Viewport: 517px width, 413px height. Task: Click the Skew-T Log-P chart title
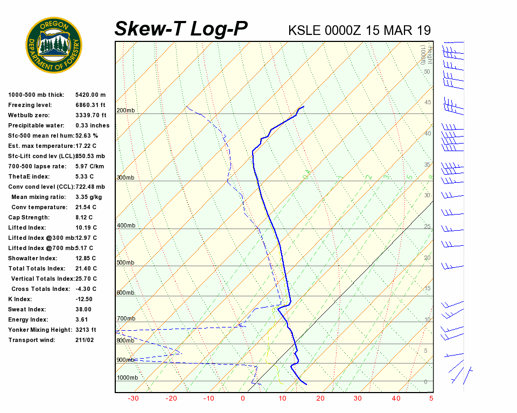point(181,29)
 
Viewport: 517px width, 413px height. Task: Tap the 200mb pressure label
point(125,111)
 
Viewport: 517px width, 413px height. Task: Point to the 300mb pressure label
point(125,177)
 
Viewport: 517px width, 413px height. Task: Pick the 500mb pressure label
point(125,262)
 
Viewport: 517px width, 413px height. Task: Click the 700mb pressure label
point(125,318)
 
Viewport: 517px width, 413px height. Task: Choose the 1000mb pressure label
point(127,378)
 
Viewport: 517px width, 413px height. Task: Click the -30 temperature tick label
point(133,398)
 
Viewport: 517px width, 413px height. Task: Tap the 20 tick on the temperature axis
point(320,398)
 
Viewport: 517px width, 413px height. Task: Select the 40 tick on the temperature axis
point(396,398)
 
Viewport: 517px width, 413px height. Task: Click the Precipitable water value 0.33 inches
point(92,126)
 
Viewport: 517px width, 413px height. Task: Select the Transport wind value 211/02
point(85,340)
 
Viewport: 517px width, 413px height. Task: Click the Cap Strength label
point(29,217)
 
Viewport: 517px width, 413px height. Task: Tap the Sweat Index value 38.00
point(83,309)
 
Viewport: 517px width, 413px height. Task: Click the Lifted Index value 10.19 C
point(86,227)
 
